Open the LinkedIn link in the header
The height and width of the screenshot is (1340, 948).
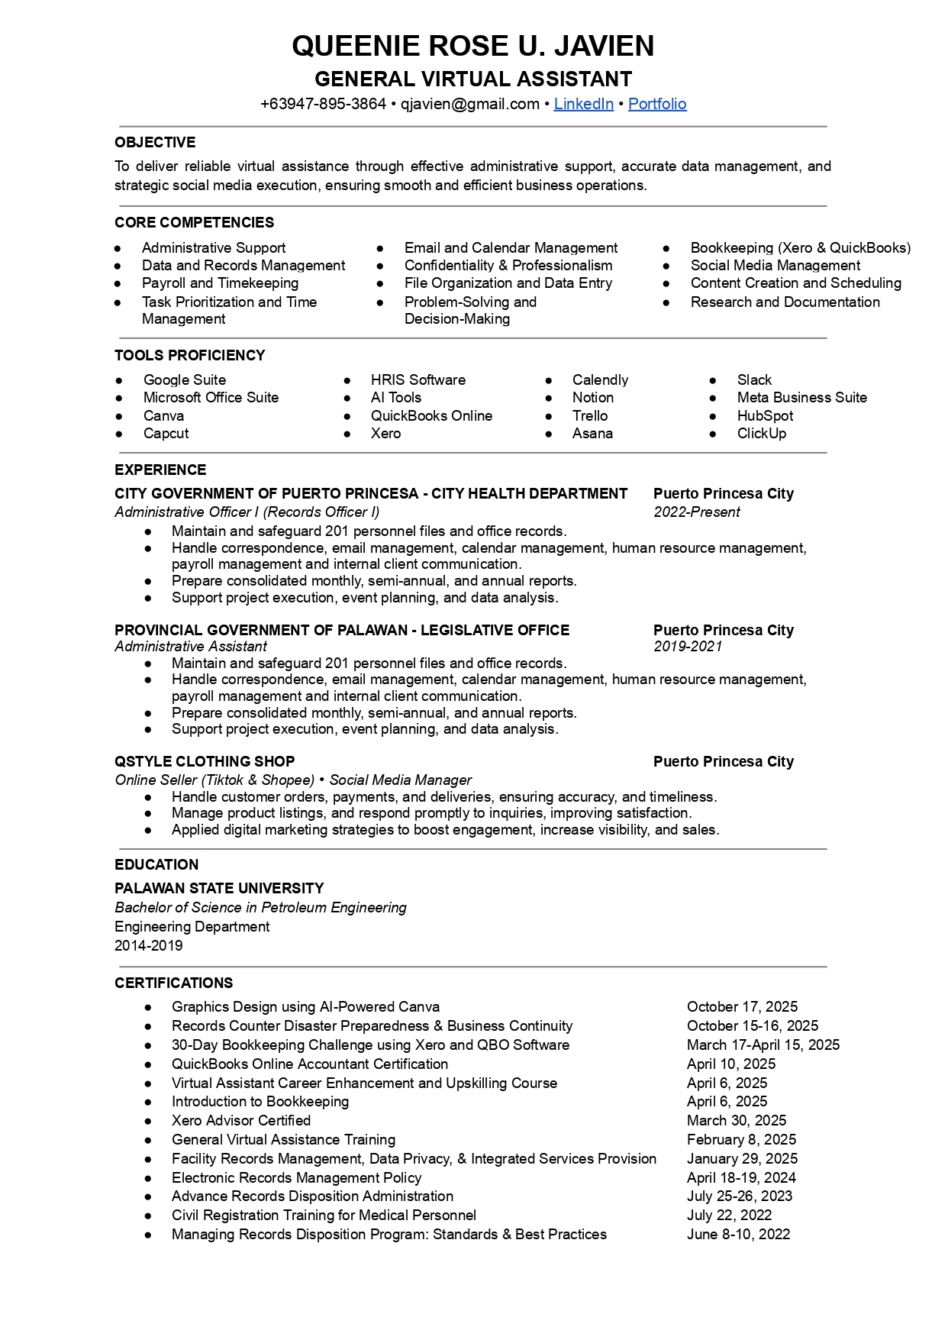[x=583, y=104]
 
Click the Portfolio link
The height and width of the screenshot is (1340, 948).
[x=657, y=104]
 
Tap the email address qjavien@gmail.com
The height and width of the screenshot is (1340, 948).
[x=470, y=104]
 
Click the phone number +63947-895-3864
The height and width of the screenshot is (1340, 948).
[x=323, y=104]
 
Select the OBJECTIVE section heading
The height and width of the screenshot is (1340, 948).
[x=155, y=142]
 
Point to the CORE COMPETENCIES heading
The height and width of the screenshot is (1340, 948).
[x=194, y=222]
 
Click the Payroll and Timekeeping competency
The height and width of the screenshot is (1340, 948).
[x=220, y=283]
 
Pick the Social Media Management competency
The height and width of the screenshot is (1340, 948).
[x=775, y=265]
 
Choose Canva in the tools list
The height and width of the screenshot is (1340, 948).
[x=163, y=415]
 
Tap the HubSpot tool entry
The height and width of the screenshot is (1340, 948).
[x=765, y=415]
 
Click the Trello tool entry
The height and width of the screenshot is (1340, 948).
[x=590, y=415]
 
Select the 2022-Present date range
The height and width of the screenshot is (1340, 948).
[x=696, y=512]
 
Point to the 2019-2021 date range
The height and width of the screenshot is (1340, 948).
[x=687, y=646]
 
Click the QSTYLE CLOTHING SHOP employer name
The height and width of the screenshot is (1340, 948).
[x=205, y=761]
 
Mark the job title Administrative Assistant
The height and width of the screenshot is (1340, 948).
[x=191, y=646]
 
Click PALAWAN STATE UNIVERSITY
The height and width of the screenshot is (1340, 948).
[x=219, y=888]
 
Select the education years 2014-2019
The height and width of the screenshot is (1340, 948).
[x=149, y=945]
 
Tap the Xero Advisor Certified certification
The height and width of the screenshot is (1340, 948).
[x=241, y=1120]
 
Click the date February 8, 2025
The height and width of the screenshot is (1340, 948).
[x=741, y=1139]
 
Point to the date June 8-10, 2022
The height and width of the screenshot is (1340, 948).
[x=738, y=1234]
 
